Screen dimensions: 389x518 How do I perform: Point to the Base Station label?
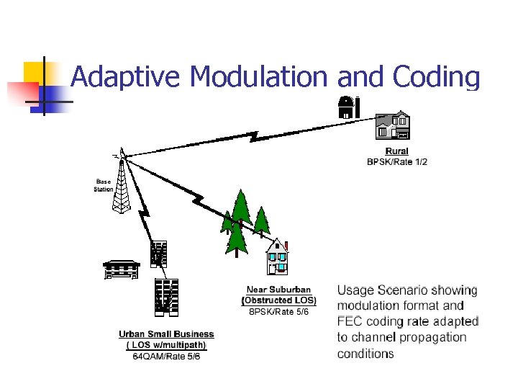[x=104, y=185]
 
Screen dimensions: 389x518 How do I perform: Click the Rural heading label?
[x=396, y=151]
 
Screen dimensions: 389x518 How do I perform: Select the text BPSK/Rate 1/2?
[x=397, y=162]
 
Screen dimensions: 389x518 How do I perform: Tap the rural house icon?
[x=393, y=125]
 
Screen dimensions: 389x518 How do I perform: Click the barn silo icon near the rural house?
[x=348, y=107]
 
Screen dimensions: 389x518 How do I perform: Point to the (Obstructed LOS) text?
[x=278, y=300]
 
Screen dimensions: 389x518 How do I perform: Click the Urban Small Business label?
[x=166, y=334]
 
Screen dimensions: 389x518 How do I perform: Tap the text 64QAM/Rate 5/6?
[x=166, y=356]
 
